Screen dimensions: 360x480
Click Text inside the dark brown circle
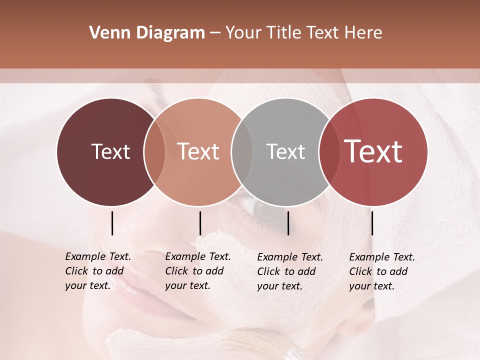click(x=110, y=151)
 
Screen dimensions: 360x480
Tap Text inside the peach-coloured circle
click(x=198, y=151)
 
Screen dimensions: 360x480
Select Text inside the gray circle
click(x=285, y=151)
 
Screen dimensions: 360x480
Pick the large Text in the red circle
click(x=373, y=151)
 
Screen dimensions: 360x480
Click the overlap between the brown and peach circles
click(x=154, y=151)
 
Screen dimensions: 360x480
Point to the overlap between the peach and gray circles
click(x=242, y=151)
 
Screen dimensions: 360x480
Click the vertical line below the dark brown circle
click(x=112, y=223)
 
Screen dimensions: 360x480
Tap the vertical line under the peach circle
click(x=200, y=223)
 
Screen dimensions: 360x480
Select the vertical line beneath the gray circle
click(x=288, y=223)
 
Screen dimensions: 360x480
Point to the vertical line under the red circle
click(x=372, y=223)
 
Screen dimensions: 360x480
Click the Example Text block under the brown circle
click(x=97, y=271)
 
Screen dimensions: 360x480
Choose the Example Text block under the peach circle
click(x=197, y=271)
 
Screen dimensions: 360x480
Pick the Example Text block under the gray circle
click(x=289, y=271)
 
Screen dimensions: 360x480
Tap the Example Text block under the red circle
click(x=381, y=271)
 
